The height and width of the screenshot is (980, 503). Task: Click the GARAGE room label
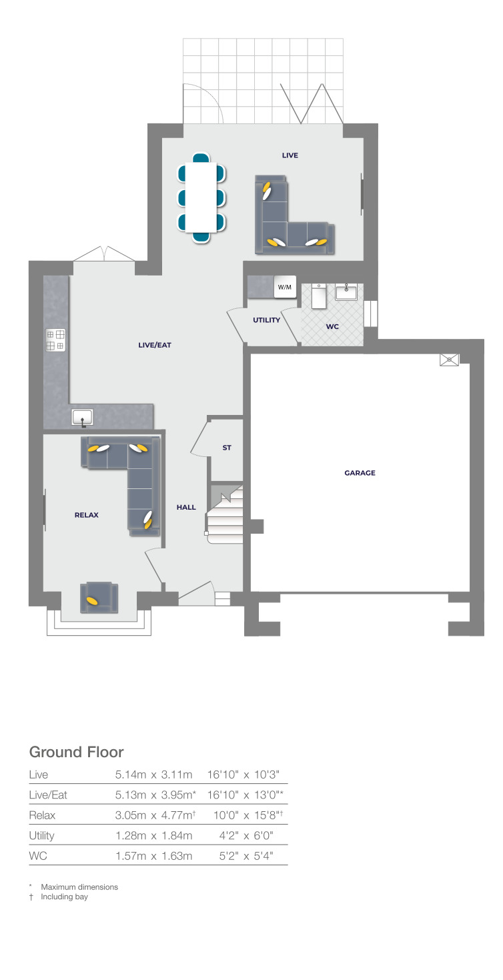pyautogui.click(x=360, y=473)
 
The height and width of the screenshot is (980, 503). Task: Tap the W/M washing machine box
pyautogui.click(x=285, y=288)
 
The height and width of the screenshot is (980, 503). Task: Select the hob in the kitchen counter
pyautogui.click(x=55, y=340)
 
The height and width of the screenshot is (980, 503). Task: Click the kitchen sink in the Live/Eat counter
pyautogui.click(x=83, y=418)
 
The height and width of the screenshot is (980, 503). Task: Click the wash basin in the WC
pyautogui.click(x=346, y=292)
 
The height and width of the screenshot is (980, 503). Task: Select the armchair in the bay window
pyautogui.click(x=99, y=597)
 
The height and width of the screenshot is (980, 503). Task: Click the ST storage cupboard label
pyautogui.click(x=227, y=448)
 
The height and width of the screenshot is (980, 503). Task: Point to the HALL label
pyautogui.click(x=186, y=507)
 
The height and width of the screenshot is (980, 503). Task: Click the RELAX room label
pyautogui.click(x=87, y=515)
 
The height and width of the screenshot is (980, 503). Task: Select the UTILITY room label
pyautogui.click(x=266, y=320)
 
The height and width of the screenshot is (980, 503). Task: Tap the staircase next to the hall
pyautogui.click(x=225, y=514)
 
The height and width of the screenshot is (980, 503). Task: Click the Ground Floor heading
pyautogui.click(x=76, y=752)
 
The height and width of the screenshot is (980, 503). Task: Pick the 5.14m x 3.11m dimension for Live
pyautogui.click(x=154, y=775)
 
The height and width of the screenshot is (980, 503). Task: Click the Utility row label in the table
pyautogui.click(x=42, y=835)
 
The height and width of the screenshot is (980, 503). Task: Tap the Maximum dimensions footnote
pyautogui.click(x=79, y=887)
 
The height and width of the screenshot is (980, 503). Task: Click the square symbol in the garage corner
pyautogui.click(x=450, y=360)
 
